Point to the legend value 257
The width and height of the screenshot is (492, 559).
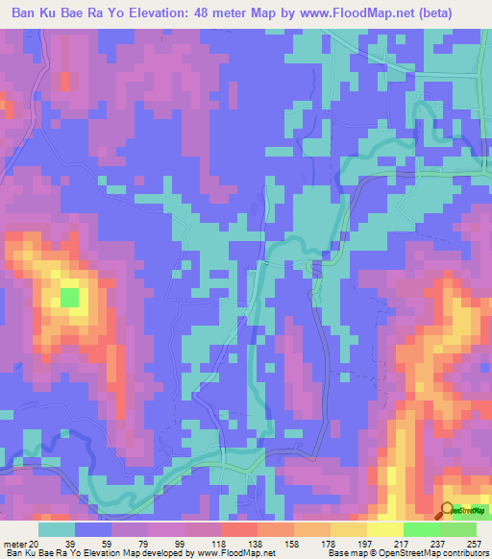pos(474,544)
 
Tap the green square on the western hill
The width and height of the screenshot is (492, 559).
pos(70,297)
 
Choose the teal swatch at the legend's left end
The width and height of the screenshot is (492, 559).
pos(57,529)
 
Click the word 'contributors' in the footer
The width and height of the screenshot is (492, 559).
pos(463,554)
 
